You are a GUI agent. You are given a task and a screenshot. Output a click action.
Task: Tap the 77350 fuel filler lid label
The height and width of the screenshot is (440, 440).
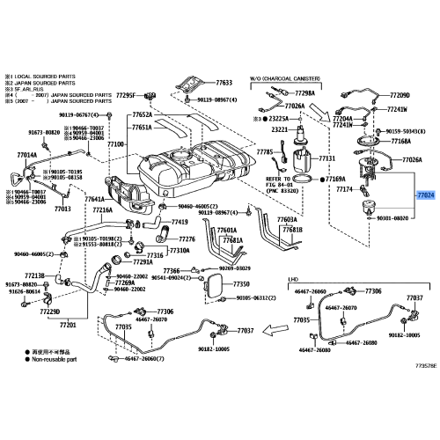point(242,284)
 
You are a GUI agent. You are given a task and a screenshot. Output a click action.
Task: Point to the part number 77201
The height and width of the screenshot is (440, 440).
point(68,326)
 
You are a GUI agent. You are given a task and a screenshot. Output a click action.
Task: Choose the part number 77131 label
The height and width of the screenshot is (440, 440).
point(327,158)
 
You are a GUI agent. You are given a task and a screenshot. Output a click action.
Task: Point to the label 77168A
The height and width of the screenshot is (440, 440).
point(401,140)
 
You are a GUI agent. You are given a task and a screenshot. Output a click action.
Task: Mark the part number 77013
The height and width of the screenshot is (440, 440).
point(62,209)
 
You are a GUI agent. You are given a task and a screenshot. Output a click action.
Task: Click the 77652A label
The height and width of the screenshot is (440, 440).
point(143,114)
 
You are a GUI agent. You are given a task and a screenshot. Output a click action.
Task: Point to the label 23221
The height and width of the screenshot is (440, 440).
point(280,129)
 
